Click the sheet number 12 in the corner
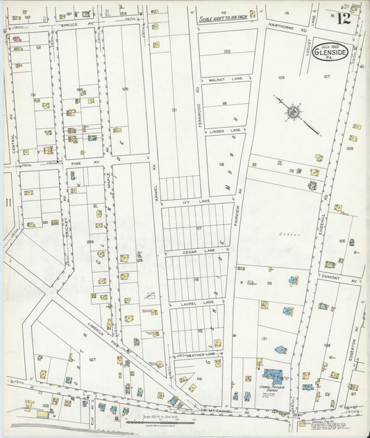click(x=344, y=18)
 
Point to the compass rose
click(x=293, y=112)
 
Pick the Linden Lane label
click(x=226, y=130)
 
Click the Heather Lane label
click(x=201, y=353)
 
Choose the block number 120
click(x=226, y=52)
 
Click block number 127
click(x=92, y=360)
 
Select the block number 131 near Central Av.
click(x=33, y=94)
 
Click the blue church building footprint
click(x=272, y=375)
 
